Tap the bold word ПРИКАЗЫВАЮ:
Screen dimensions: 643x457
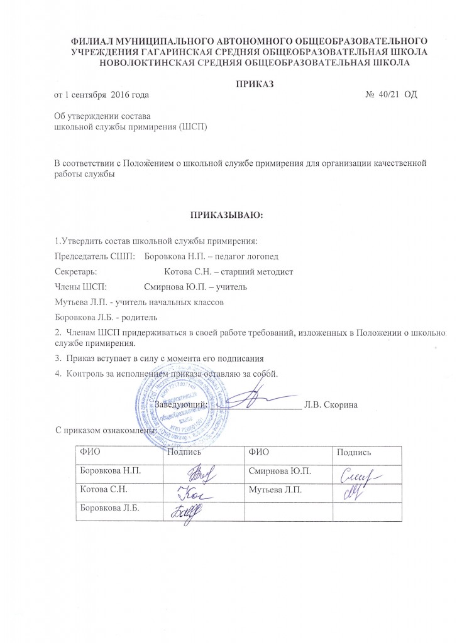point(229,215)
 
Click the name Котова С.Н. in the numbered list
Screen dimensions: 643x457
point(185,271)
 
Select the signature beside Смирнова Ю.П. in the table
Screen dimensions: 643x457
point(359,477)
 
